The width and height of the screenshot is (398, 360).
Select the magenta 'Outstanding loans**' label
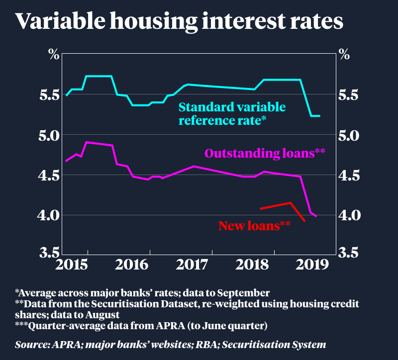pyautogui.click(x=265, y=153)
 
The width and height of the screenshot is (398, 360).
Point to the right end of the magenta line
pyautogui.click(x=316, y=216)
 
